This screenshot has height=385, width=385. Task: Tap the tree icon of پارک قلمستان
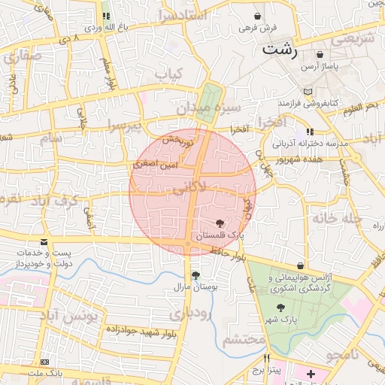point(220,223)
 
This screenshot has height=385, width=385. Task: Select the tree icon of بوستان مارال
point(196,275)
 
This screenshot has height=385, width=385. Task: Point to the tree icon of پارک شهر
point(280,308)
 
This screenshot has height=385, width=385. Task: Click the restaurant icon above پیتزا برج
point(266,359)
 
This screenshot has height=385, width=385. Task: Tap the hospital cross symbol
point(311,374)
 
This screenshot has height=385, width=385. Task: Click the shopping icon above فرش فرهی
point(258,16)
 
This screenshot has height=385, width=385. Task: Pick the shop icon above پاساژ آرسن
point(321,54)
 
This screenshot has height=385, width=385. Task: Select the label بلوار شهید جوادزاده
point(141,332)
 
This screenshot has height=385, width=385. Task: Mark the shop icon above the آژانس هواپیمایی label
point(301,266)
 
